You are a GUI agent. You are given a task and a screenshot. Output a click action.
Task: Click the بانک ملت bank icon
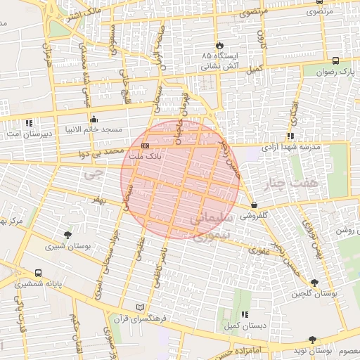tap(145, 146)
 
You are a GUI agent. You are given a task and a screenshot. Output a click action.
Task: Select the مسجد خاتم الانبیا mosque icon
tap(94, 118)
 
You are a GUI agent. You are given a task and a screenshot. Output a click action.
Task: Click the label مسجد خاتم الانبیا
tap(96, 130)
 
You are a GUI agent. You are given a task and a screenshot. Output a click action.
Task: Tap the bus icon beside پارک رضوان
tap(335, 60)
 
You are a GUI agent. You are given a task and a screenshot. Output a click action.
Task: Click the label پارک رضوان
tap(334, 72)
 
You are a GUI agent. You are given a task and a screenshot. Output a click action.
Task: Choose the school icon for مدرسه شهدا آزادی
tap(290, 136)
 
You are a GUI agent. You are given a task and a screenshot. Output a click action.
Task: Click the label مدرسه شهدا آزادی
tap(291, 148)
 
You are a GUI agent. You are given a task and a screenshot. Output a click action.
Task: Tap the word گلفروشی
tap(255, 217)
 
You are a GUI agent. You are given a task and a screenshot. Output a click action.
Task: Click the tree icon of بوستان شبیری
tap(67, 235)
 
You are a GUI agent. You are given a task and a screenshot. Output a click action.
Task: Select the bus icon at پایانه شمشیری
tap(37, 273)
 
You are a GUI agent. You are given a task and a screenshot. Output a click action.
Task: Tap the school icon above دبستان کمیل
tap(244, 314)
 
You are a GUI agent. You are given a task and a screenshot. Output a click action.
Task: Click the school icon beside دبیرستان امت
tap(28, 122)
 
